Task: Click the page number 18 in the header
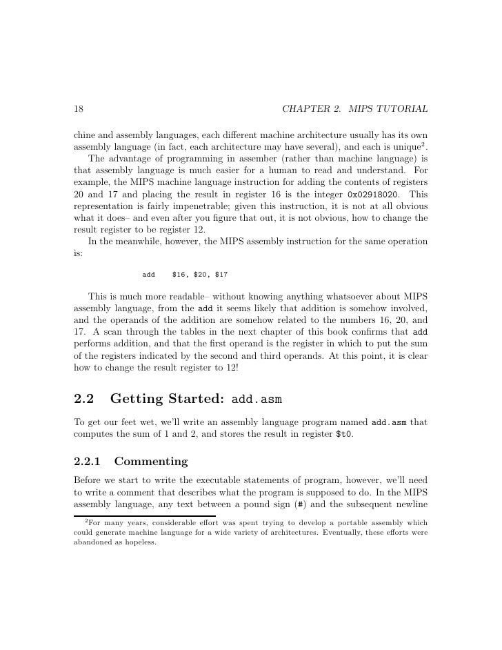78,110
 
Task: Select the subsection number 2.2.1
88,461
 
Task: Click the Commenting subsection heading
150,461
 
